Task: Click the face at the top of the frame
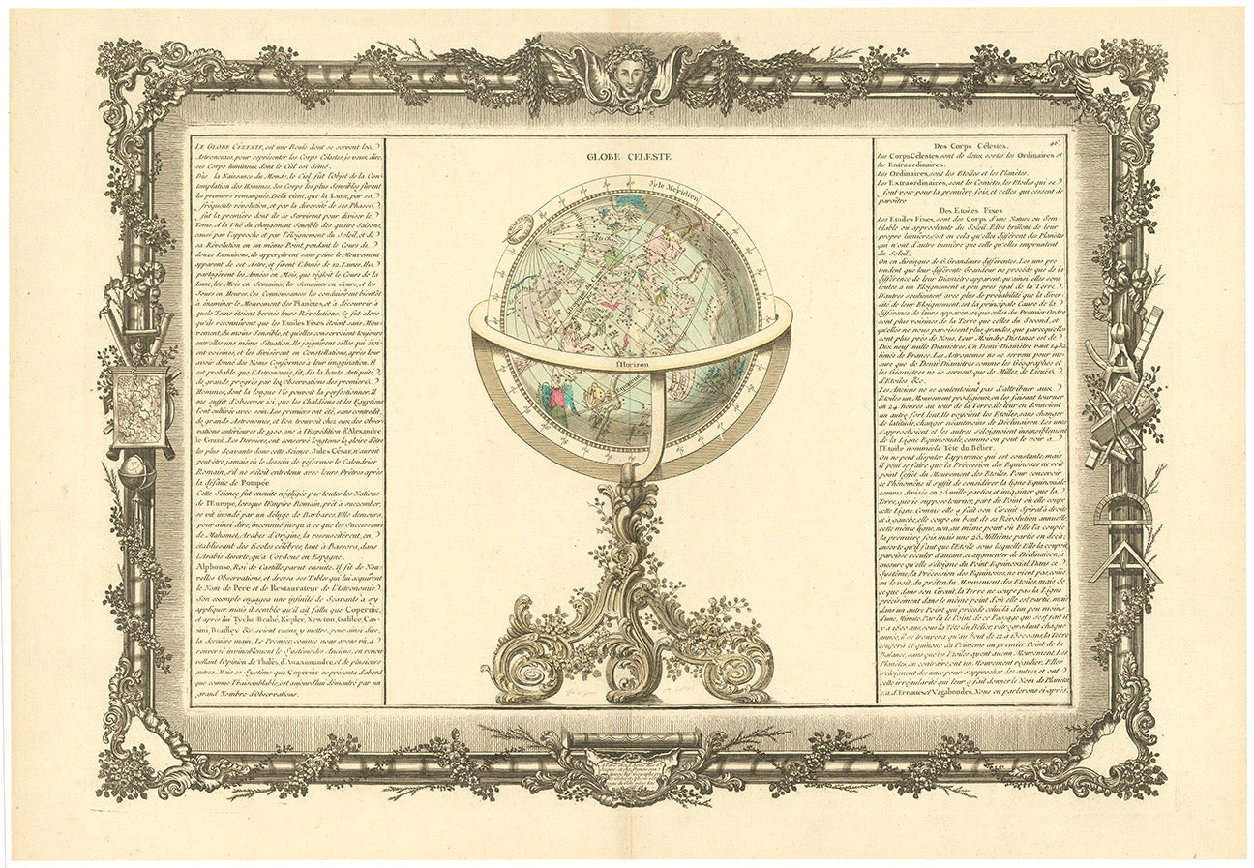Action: [629, 74]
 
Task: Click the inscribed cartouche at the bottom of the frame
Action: [629, 769]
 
